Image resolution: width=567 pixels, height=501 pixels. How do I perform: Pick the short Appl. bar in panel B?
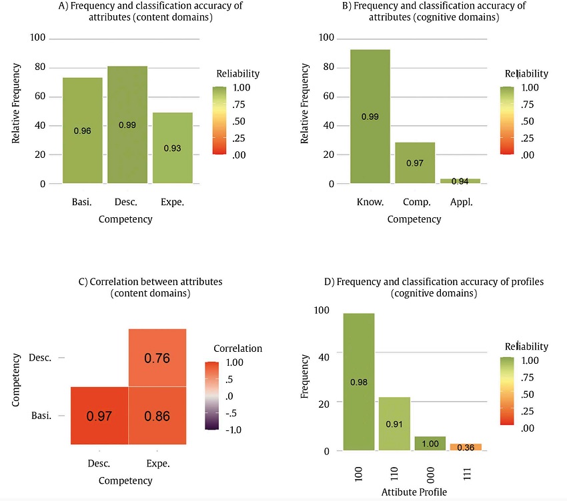coord(460,181)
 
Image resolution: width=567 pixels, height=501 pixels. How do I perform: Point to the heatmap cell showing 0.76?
coord(157,358)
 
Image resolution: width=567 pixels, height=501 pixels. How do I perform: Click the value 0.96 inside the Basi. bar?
coord(82,131)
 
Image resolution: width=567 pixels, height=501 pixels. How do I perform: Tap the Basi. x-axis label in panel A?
coord(82,202)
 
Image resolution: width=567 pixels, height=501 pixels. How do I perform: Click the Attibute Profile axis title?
coord(414,492)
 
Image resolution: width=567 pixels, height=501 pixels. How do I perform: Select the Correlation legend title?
coord(237,348)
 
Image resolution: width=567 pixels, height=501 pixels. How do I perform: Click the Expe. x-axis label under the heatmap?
coord(157,463)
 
